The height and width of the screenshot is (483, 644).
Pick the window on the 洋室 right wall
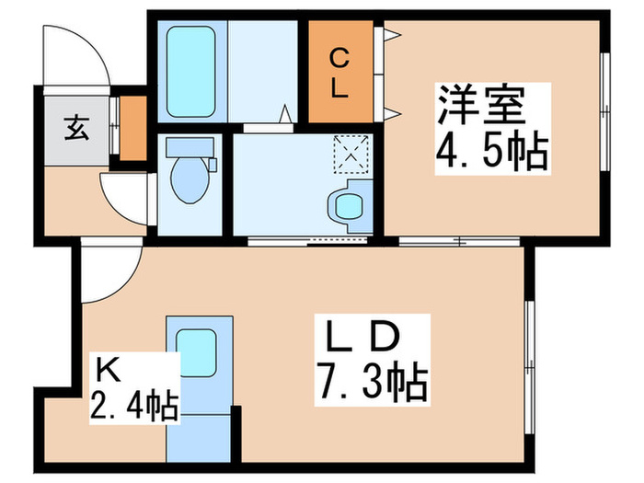605,110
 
